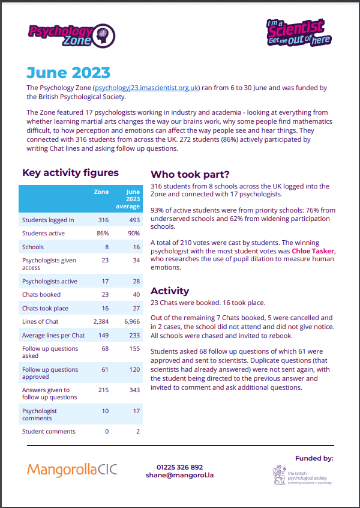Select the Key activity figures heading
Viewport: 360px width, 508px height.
[x=70, y=173]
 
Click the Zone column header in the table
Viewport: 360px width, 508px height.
[x=101, y=192]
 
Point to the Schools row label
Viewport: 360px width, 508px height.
[x=33, y=247]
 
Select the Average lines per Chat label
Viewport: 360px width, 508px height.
[x=53, y=335]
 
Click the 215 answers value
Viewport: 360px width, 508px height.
[x=103, y=390]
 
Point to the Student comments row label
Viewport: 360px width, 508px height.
[x=49, y=431]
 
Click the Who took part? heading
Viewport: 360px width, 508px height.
[x=190, y=175]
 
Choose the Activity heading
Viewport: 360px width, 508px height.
[x=170, y=291]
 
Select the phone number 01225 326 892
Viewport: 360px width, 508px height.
[x=179, y=467]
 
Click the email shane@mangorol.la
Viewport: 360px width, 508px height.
[x=179, y=475]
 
